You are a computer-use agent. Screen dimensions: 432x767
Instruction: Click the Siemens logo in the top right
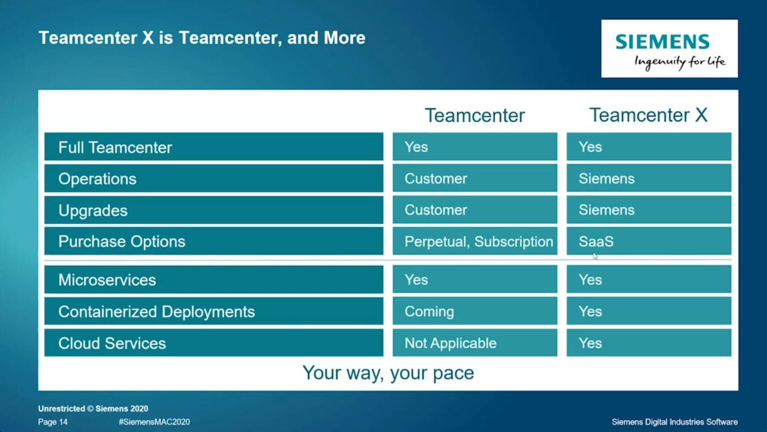click(x=669, y=48)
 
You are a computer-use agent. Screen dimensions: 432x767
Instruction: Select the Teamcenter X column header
click(x=648, y=115)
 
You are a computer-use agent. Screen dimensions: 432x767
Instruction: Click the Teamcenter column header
click(x=474, y=115)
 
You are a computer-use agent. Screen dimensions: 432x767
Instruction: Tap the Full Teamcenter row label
click(x=115, y=147)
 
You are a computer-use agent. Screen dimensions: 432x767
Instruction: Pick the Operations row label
click(x=97, y=179)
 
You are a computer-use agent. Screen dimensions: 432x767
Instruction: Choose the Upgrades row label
click(x=93, y=210)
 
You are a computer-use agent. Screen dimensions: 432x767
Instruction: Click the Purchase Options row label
click(x=122, y=241)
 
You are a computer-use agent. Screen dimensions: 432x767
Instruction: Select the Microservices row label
click(x=107, y=280)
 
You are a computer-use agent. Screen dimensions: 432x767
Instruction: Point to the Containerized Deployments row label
click(x=156, y=311)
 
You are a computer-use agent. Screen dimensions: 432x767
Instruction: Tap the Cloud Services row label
click(x=112, y=343)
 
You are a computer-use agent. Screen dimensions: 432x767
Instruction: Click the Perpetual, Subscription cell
click(x=478, y=241)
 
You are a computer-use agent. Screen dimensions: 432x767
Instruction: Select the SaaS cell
click(x=596, y=241)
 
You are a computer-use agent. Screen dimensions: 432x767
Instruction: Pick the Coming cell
click(x=429, y=311)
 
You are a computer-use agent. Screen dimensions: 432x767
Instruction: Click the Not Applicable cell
click(x=450, y=343)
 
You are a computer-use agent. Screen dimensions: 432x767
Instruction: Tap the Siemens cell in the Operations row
click(x=606, y=178)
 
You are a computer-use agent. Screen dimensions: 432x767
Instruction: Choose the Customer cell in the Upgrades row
click(x=435, y=210)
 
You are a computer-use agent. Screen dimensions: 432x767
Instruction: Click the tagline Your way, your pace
click(x=388, y=373)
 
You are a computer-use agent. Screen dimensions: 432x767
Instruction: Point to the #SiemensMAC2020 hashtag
click(x=154, y=422)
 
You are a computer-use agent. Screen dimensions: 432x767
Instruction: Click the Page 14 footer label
click(x=53, y=422)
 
